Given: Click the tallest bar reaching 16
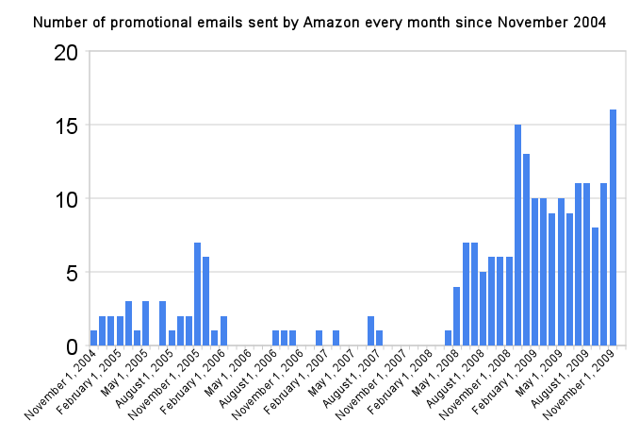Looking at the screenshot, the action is tap(613, 227).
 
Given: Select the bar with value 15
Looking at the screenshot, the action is tap(517, 235).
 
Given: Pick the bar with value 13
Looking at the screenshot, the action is tap(526, 249).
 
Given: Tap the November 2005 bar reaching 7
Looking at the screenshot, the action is tap(197, 294).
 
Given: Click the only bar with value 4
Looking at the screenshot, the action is tap(457, 316).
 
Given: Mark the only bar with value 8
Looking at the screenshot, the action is tap(595, 286).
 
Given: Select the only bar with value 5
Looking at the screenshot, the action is tap(483, 309).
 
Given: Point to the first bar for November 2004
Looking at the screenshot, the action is tap(93, 338).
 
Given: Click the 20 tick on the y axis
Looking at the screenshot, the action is tap(66, 53).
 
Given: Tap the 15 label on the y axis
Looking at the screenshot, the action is tap(66, 126).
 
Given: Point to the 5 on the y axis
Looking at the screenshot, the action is tap(72, 274).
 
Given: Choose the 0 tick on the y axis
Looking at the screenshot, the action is tap(72, 347).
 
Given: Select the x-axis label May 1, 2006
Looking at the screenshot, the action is tap(229, 373).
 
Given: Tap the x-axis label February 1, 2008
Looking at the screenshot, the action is tap(401, 382).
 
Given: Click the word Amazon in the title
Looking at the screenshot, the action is tap(332, 23).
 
